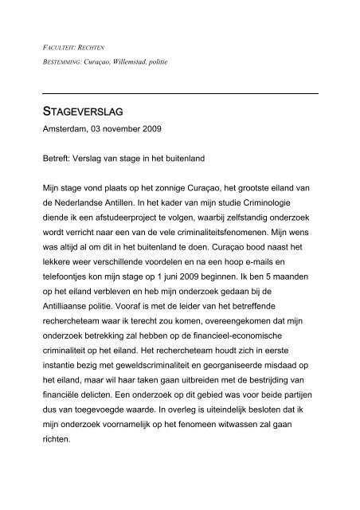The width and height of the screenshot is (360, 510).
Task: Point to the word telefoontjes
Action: coord(72,289)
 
